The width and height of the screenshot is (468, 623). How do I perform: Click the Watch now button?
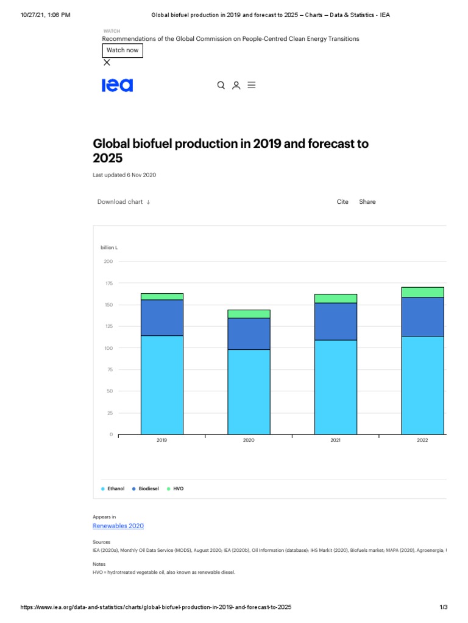click(x=122, y=50)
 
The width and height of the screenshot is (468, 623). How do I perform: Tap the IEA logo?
click(x=117, y=85)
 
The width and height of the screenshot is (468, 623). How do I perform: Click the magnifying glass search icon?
click(x=221, y=85)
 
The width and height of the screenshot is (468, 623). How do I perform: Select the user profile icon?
click(x=236, y=85)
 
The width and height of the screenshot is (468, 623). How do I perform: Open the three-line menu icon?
click(x=251, y=85)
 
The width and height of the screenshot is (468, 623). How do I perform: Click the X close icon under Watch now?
click(x=107, y=62)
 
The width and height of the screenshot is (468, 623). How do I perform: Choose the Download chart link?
click(x=124, y=202)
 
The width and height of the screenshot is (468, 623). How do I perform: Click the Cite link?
click(x=342, y=202)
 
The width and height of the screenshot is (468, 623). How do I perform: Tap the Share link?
click(x=367, y=202)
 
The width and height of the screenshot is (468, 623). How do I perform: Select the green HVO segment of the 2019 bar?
click(x=162, y=297)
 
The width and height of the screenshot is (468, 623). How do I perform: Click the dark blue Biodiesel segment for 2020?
click(x=249, y=333)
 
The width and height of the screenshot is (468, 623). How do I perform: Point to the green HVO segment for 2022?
click(x=423, y=292)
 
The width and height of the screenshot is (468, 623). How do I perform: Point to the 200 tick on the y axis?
click(x=108, y=262)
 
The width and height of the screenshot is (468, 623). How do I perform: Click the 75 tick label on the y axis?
click(x=109, y=370)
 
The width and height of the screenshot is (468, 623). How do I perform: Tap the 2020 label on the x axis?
click(x=249, y=440)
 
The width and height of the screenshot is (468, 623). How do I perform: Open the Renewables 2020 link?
click(x=118, y=526)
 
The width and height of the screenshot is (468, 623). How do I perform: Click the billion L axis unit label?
click(x=109, y=248)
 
